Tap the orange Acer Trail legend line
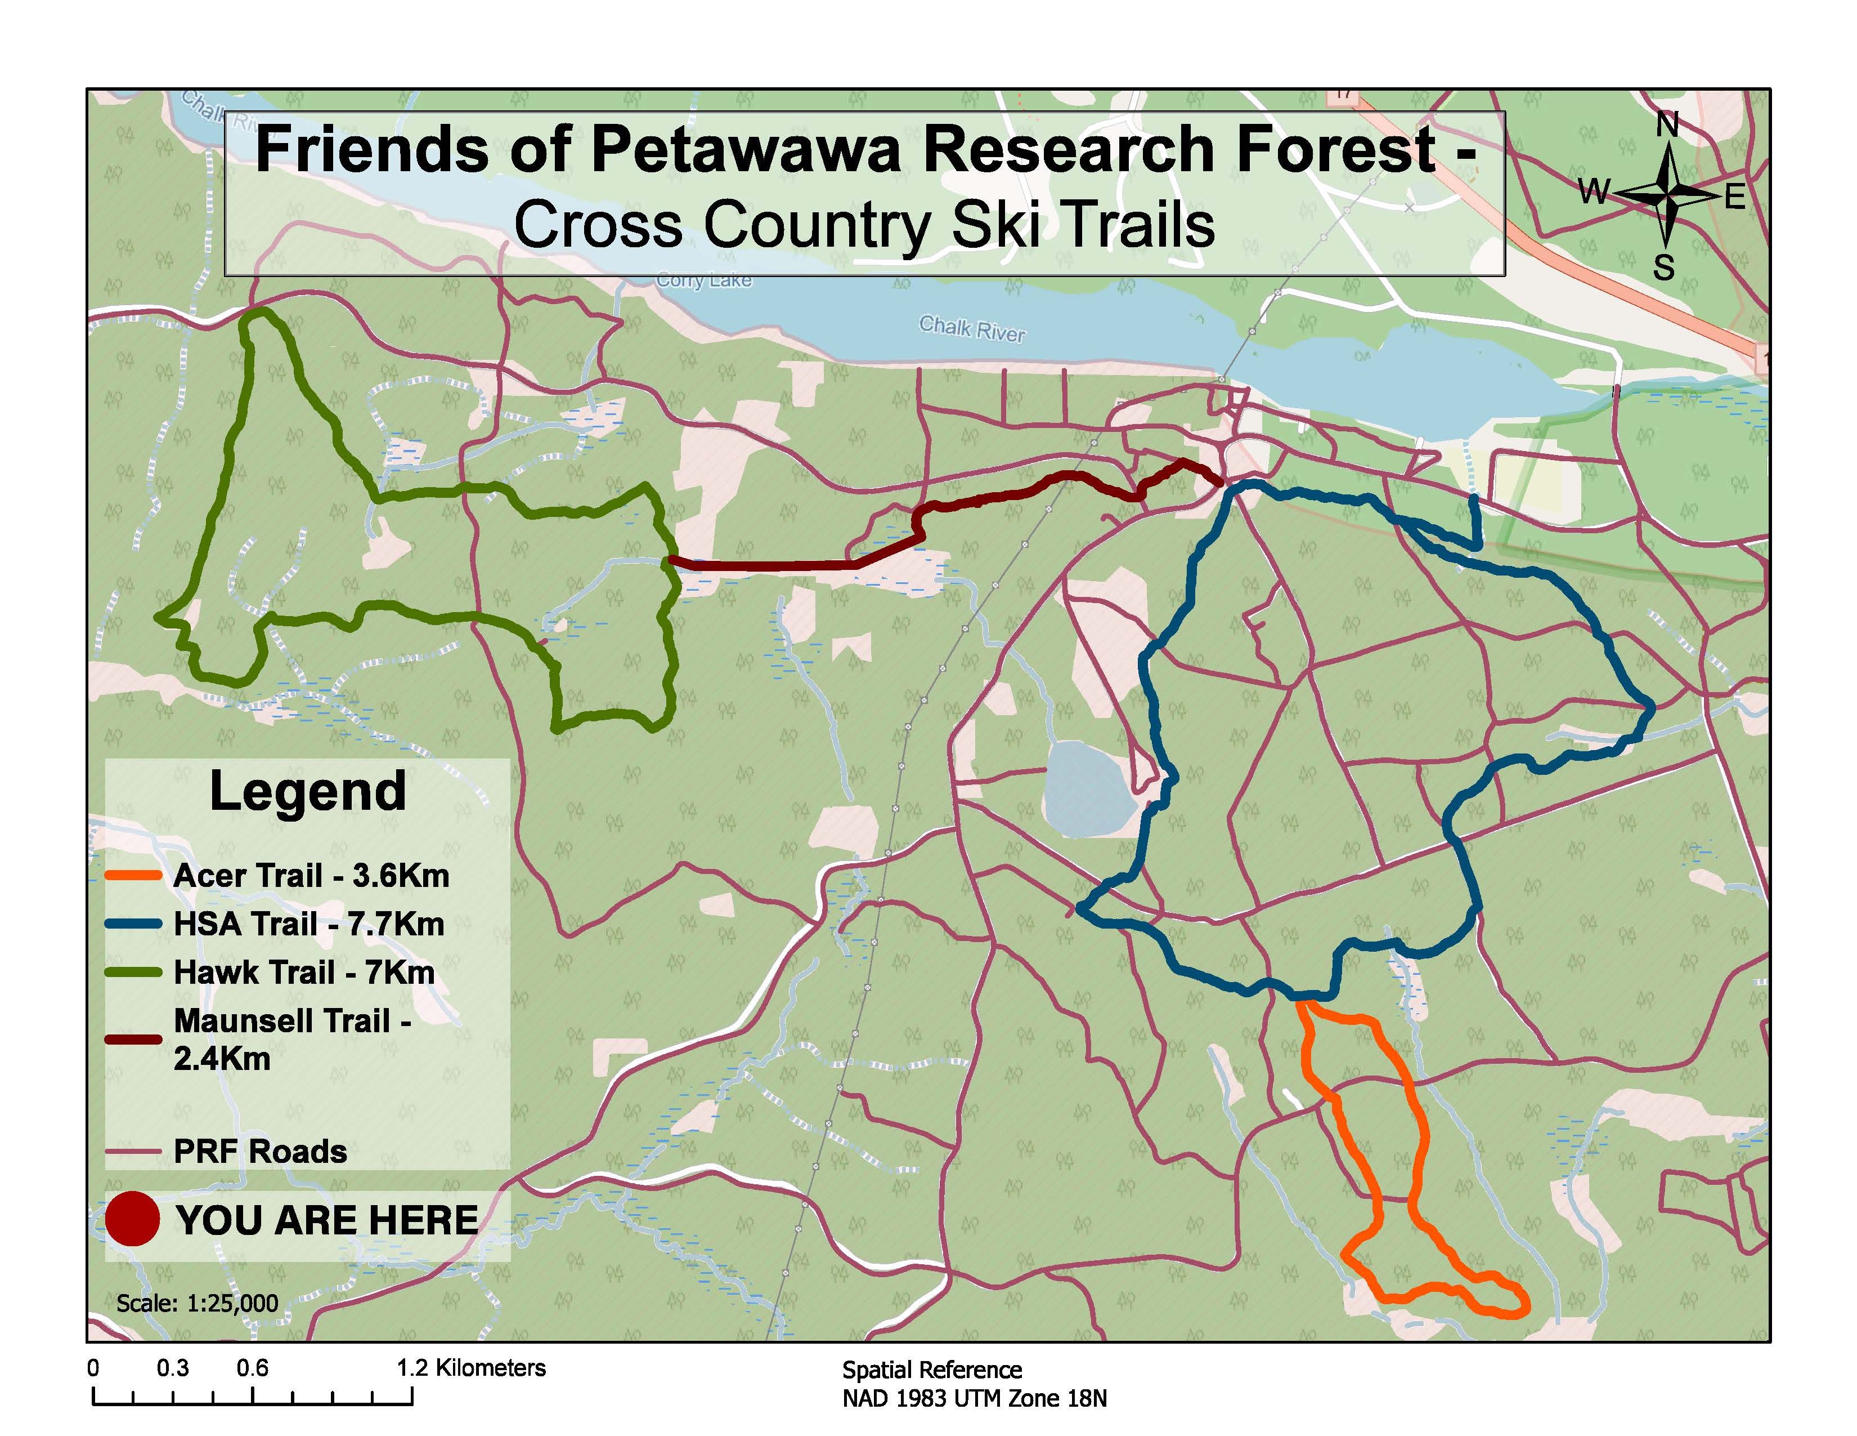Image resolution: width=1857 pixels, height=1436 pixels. point(133,875)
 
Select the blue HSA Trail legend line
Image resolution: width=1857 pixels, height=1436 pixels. point(133,924)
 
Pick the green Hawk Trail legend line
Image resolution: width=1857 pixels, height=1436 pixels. point(133,973)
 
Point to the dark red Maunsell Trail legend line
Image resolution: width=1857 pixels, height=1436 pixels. point(133,1039)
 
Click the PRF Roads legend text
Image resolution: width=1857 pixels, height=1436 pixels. point(260,1151)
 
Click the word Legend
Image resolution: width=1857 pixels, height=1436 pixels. point(308,791)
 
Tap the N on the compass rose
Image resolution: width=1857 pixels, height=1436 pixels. point(1667,125)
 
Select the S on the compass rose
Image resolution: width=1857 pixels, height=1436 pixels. point(1664,269)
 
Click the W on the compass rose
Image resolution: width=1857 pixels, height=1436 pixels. point(1594,191)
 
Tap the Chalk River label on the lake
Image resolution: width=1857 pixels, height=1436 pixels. point(972,328)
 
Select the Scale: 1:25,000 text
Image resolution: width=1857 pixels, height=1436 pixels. point(198,1303)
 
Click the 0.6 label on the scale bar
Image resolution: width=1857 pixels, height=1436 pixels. point(253,1368)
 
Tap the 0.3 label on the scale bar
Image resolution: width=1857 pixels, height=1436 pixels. point(173,1368)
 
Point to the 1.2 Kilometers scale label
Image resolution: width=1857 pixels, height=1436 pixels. point(471,1368)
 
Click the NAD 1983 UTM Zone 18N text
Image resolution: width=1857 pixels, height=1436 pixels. point(975,1399)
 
